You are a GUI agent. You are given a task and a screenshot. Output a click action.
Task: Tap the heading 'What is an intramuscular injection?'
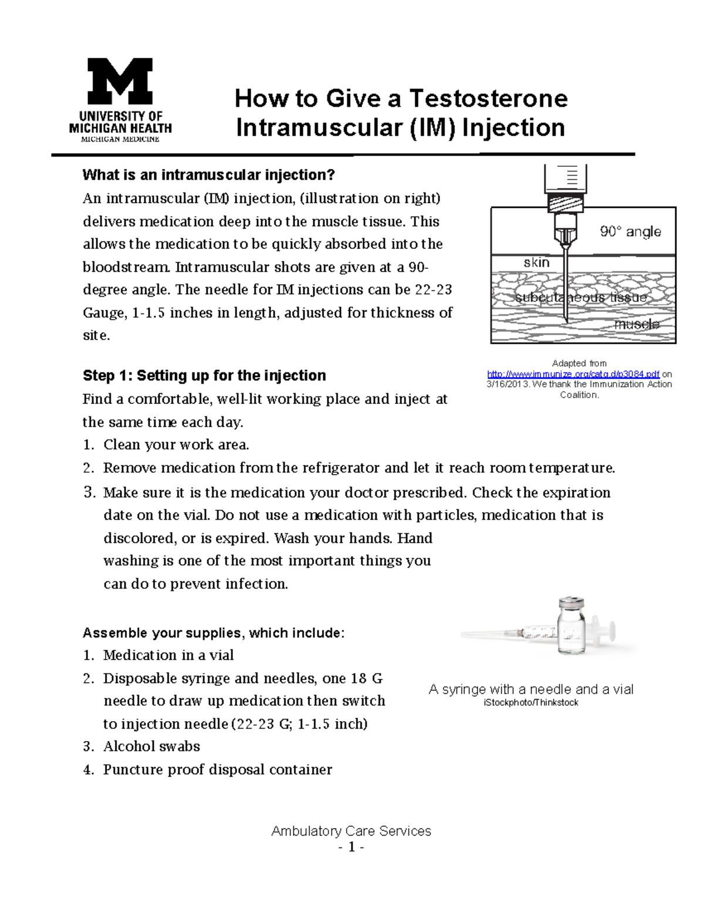[208, 175]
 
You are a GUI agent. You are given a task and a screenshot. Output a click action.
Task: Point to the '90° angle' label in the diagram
[630, 232]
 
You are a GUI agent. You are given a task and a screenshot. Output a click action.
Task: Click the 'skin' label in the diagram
[536, 263]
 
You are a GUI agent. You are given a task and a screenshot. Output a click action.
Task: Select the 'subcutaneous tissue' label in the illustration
[581, 298]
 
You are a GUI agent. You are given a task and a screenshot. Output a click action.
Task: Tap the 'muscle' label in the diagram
[637, 324]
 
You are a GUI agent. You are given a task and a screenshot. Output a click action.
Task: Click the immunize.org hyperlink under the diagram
[573, 374]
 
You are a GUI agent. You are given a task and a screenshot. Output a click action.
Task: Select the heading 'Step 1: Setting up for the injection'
[204, 376]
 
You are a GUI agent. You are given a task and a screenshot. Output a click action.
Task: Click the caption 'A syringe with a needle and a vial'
[531, 689]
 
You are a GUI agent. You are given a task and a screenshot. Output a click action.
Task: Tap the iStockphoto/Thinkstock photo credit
[531, 703]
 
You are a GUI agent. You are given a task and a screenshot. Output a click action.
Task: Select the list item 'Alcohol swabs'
[151, 746]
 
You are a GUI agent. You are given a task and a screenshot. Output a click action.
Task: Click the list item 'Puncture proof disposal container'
[217, 769]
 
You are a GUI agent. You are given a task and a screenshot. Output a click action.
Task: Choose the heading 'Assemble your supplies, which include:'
[214, 633]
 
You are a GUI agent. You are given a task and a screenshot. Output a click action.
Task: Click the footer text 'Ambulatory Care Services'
[351, 831]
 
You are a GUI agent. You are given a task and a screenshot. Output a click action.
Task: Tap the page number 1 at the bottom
[351, 847]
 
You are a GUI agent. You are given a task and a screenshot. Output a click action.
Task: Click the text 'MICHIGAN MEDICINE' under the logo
[120, 140]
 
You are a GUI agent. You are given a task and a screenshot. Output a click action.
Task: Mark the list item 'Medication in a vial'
[168, 655]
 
